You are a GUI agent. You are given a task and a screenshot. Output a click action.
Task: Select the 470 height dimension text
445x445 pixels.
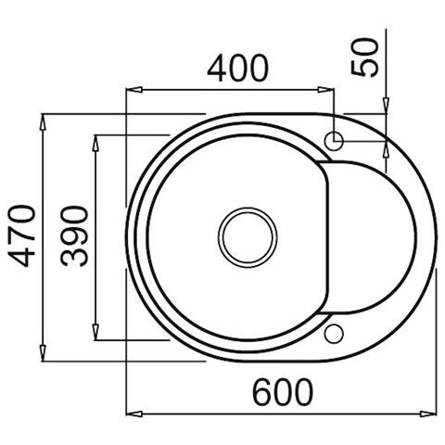coord(20,235)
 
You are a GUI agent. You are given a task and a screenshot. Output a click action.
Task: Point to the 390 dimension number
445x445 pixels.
coord(73,235)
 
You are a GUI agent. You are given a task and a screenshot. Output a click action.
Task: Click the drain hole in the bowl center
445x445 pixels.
coord(247,235)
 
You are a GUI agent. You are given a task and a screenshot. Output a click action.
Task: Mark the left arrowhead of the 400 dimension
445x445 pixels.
coord(131,90)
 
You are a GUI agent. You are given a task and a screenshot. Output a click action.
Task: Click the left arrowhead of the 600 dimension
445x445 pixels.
coord(131,411)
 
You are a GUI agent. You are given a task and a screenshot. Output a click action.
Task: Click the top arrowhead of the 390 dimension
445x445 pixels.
coord(96,140)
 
